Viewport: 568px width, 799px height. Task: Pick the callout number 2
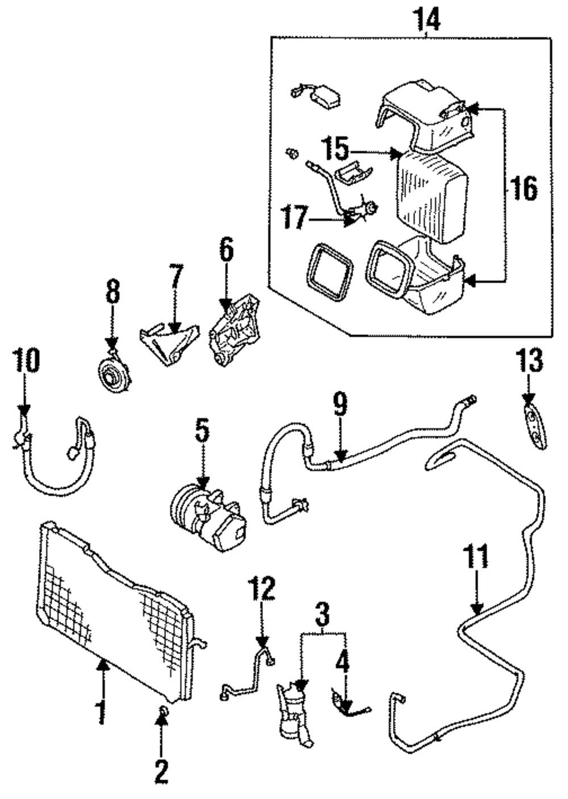click(161, 771)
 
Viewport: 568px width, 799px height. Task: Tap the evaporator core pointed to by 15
click(432, 193)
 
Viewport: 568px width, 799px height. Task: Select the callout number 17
click(295, 217)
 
